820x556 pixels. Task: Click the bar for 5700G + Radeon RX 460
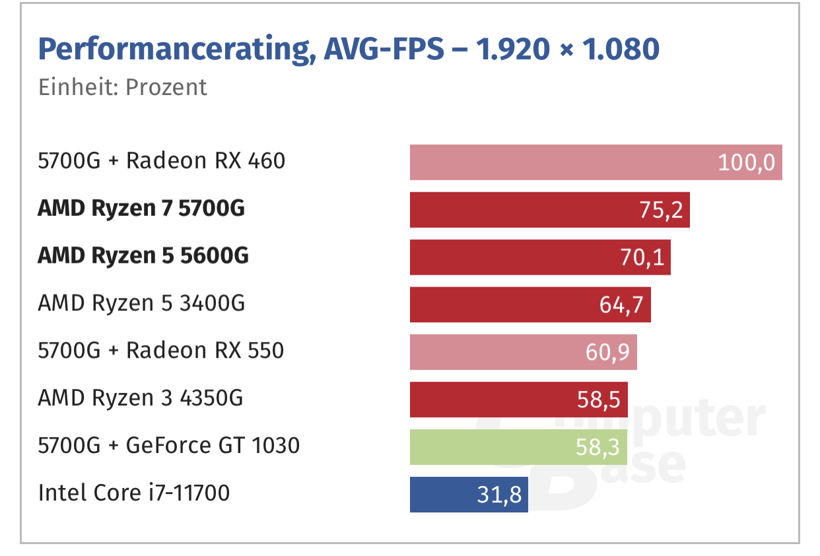561,162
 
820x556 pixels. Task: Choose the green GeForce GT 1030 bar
489,447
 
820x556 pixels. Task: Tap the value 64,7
622,305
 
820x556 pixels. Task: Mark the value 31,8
499,495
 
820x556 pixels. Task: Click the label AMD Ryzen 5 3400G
141,304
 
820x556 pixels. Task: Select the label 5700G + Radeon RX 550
161,350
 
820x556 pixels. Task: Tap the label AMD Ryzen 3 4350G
141,398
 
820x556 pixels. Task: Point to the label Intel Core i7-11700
134,493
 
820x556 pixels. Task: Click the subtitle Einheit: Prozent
123,87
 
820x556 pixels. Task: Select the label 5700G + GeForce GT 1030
169,446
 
